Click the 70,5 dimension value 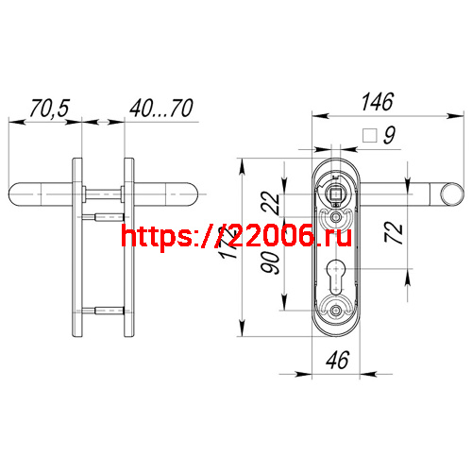(49, 109)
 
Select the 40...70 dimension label (161, 109)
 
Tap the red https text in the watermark (156, 237)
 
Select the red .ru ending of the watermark (332, 237)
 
